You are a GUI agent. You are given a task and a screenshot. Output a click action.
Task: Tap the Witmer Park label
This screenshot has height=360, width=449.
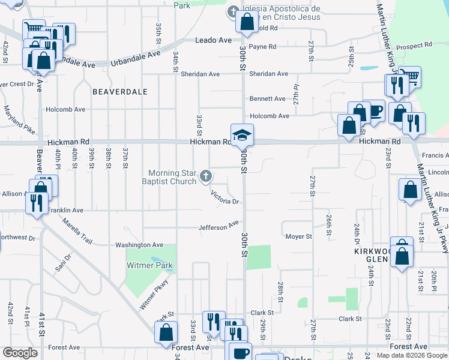(149, 265)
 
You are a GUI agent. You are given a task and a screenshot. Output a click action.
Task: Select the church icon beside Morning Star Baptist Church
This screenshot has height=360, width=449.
(206, 176)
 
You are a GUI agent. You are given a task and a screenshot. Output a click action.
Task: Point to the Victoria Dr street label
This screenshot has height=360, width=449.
(225, 197)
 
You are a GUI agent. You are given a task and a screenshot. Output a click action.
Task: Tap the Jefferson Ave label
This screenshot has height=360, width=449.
(219, 227)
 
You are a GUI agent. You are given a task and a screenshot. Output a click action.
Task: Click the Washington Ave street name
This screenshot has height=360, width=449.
(139, 245)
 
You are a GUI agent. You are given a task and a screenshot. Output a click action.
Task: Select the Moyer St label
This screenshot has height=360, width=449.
(298, 236)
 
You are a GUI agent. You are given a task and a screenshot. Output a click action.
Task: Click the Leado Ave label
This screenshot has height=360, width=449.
(213, 40)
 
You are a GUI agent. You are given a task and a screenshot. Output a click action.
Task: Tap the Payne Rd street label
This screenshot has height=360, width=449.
(262, 46)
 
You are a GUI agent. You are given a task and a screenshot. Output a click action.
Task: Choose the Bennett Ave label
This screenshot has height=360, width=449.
(268, 98)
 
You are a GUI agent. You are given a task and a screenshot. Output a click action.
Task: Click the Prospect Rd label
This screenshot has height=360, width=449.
(415, 45)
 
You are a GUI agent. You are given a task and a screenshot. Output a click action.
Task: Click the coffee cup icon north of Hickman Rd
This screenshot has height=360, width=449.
(374, 111)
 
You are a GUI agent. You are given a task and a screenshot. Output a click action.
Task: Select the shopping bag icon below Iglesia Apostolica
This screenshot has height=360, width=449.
(247, 22)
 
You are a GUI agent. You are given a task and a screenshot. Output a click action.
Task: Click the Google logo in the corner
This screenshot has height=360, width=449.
(20, 353)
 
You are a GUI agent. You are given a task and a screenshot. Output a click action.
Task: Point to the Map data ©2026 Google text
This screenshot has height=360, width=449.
(411, 355)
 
